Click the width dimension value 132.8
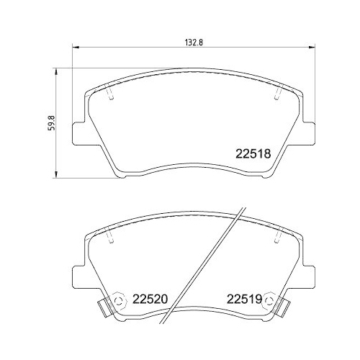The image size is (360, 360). (186, 42)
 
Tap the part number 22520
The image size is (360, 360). (148, 298)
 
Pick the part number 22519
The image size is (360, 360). (244, 298)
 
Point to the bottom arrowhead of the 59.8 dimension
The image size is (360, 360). (56, 175)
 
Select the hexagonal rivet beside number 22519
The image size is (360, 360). (269, 299)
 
